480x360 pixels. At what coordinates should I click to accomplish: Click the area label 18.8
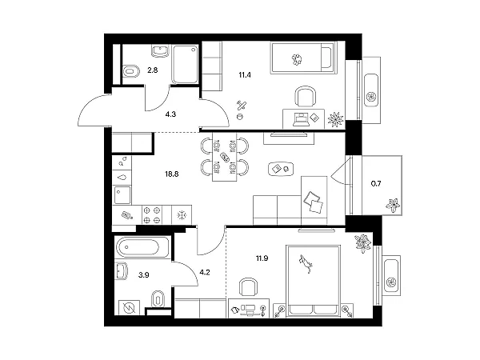click(x=172, y=174)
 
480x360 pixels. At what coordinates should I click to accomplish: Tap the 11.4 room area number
click(x=245, y=74)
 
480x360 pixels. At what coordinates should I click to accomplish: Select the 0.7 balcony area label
click(x=376, y=184)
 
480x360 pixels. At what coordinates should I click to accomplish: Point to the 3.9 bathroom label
click(x=143, y=275)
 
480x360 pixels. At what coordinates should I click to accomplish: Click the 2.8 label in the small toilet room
click(x=153, y=70)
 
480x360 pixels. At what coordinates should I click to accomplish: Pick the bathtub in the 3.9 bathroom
click(x=142, y=247)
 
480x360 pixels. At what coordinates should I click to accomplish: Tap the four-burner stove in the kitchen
click(x=152, y=215)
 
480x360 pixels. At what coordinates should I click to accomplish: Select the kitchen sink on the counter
click(x=122, y=195)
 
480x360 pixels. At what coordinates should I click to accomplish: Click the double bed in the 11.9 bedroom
click(x=313, y=280)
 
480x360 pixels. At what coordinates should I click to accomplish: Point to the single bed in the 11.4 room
click(x=303, y=58)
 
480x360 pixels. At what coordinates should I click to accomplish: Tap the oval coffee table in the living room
click(x=281, y=169)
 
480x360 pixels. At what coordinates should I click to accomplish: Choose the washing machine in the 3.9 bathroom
click(x=129, y=307)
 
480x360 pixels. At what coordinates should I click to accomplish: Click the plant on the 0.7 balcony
click(x=393, y=205)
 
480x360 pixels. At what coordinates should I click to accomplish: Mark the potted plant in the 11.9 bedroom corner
click(x=363, y=243)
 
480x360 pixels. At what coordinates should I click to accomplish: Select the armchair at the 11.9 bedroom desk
click(x=248, y=287)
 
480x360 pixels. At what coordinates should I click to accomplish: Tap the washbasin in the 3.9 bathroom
click(x=122, y=271)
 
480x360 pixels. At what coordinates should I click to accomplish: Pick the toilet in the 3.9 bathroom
click(x=158, y=298)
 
